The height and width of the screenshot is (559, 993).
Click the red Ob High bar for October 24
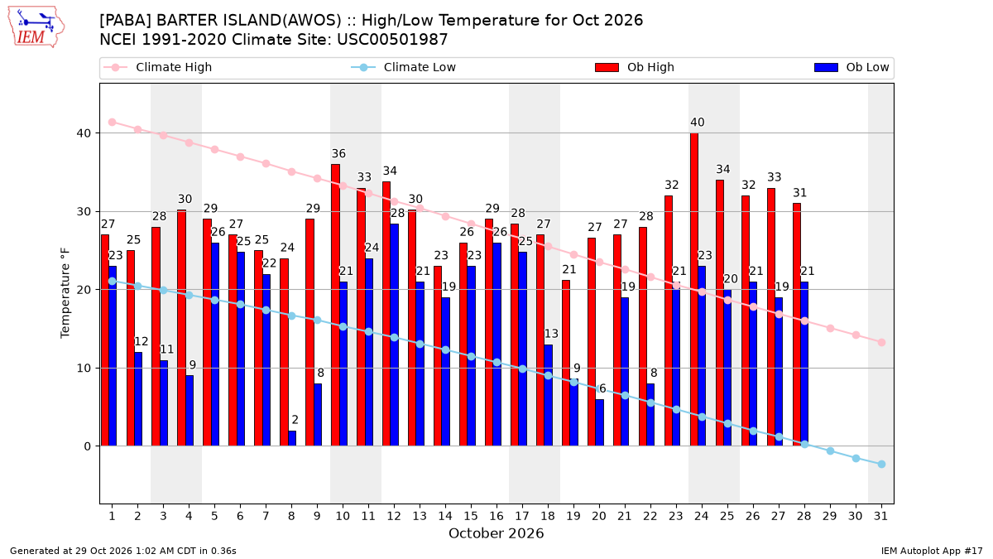694,290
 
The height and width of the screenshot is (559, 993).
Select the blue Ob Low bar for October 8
292,438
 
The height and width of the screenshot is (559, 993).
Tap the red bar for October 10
335,306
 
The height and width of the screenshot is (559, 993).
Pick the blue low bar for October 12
394,335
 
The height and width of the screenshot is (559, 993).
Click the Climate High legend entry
158,67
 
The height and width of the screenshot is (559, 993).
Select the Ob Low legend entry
851,67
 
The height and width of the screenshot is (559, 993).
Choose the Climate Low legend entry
404,67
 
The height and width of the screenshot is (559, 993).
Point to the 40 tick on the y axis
84,133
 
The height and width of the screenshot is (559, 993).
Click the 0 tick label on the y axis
88,446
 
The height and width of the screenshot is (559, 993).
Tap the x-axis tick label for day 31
880,516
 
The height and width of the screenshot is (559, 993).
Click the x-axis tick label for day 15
471,516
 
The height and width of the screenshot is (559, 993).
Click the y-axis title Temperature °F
65,293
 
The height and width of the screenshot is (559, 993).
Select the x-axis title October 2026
496,533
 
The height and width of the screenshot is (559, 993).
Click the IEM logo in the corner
36,27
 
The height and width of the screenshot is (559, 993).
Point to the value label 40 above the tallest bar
698,123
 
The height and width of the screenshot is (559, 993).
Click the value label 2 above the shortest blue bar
295,420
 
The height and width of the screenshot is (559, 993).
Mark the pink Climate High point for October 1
113,123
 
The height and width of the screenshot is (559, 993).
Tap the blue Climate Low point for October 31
881,464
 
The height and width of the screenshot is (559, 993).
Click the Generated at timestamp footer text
122,551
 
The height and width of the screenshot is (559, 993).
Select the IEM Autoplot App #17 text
932,551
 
